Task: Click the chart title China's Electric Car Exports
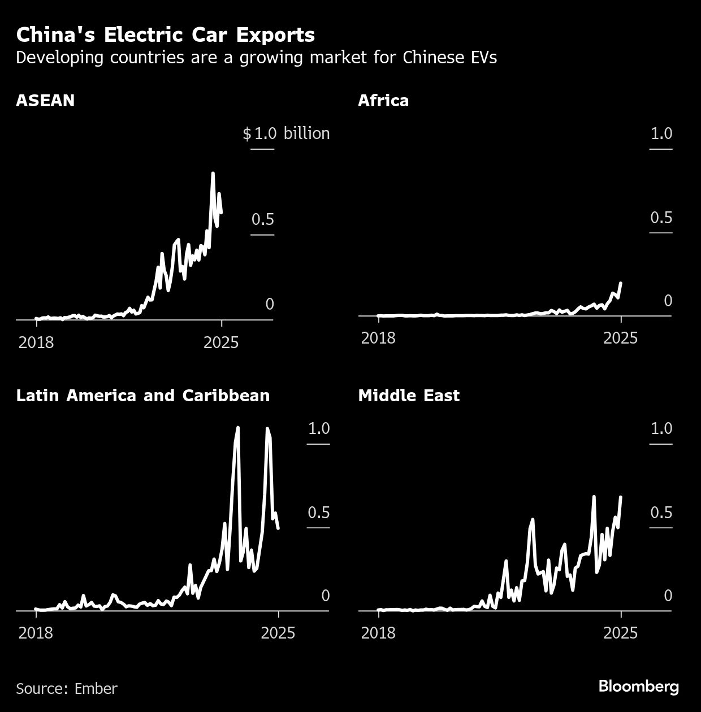pos(165,35)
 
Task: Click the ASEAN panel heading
pos(45,101)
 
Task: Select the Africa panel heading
pos(383,101)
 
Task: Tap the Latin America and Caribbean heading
pos(143,396)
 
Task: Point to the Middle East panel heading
pos(409,396)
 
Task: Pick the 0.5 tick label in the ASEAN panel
pos(263,219)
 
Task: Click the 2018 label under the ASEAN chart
pos(36,342)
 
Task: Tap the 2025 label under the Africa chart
pos(620,338)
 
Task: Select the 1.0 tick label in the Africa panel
pos(661,133)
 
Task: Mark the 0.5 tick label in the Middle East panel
pos(661,513)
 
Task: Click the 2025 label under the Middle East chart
pos(620,632)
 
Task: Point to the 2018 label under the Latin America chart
pos(36,632)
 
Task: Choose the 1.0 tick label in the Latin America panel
pos(319,428)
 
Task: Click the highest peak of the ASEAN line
pos(213,173)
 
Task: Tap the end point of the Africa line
pos(621,283)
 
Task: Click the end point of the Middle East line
pos(621,497)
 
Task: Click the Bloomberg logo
pos(638,687)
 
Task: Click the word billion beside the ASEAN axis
pos(306,133)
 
